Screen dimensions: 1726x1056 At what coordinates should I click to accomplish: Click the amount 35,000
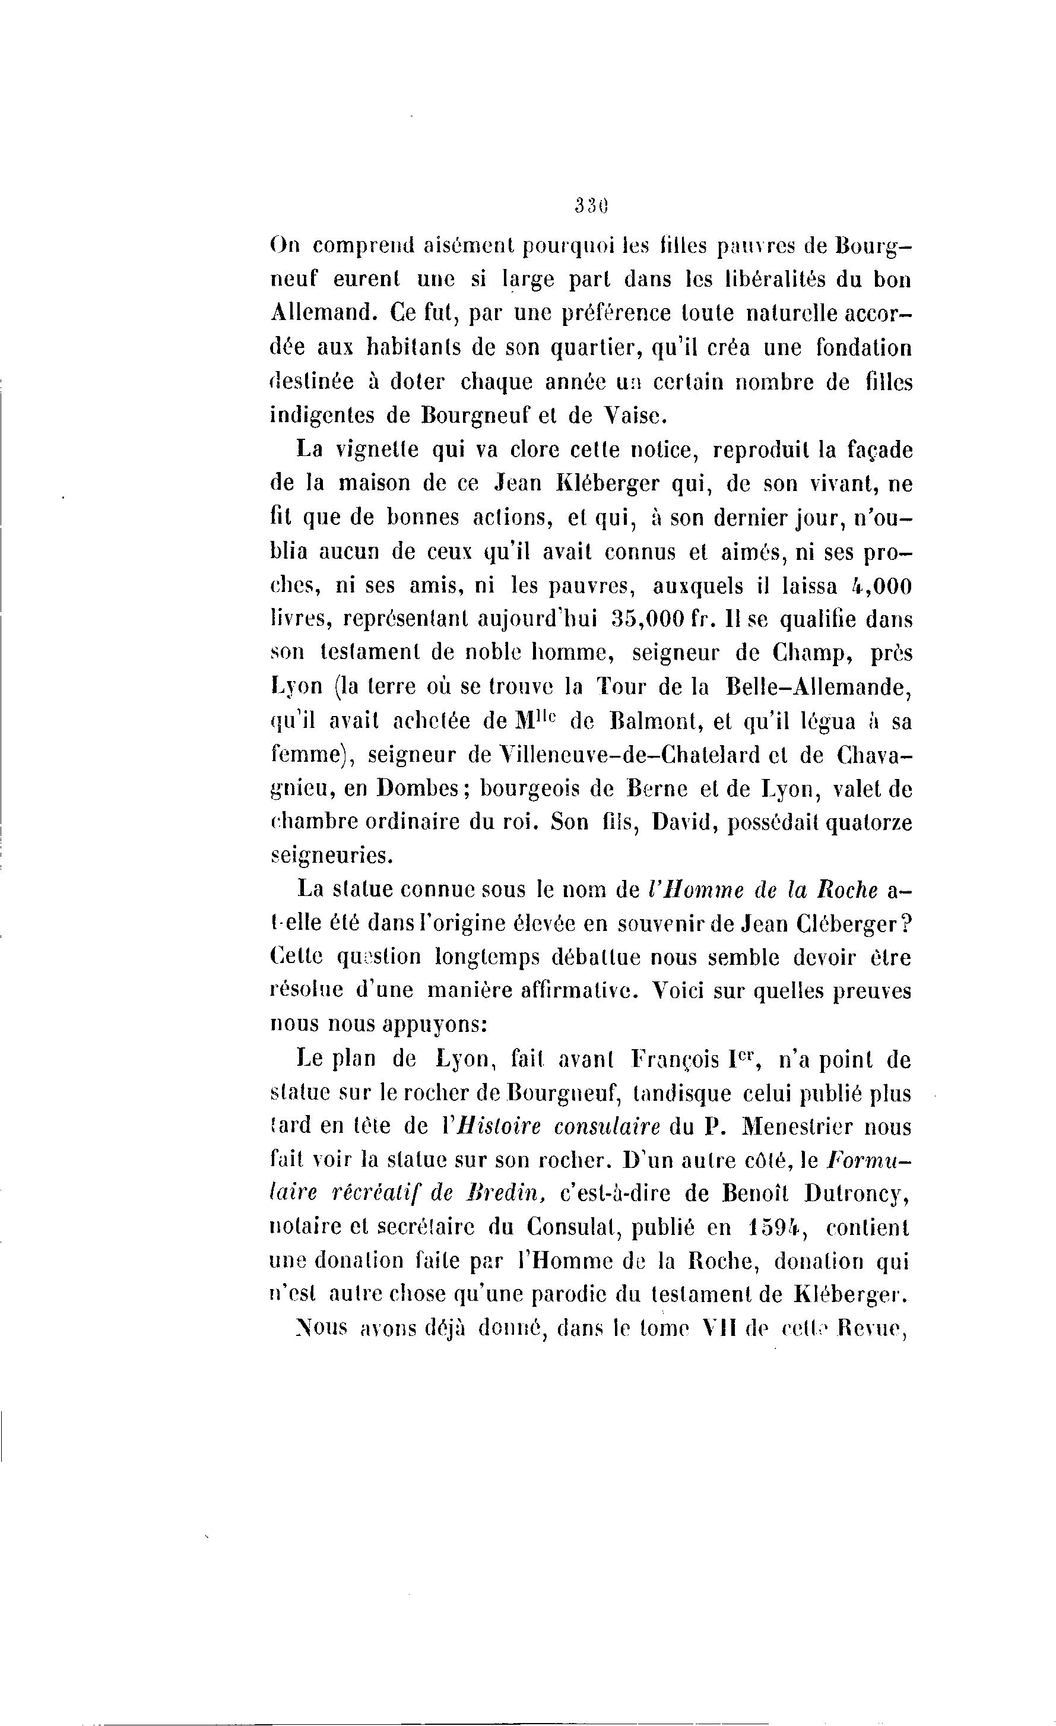coord(654,619)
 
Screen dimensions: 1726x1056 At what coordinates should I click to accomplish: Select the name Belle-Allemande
coord(817,686)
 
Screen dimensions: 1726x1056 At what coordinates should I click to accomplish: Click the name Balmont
coord(659,721)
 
